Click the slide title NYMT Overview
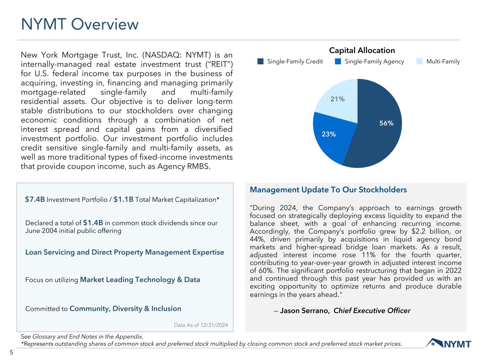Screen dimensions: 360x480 click(80, 25)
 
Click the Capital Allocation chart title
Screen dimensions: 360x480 click(362, 51)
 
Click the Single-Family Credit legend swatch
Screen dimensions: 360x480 click(260, 62)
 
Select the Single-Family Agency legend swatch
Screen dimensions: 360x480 click(338, 62)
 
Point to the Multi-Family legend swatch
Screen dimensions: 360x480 click(420, 62)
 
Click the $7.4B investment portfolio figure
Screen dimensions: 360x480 click(35, 199)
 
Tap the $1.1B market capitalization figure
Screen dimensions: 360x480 click(123, 199)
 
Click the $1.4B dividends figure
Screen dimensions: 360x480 click(93, 223)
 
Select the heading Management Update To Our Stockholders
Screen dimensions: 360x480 click(328, 190)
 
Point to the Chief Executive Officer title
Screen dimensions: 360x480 click(372, 311)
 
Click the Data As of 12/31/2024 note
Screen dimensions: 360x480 click(201, 325)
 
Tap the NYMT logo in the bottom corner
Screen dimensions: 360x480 click(448, 343)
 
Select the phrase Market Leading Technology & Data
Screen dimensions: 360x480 click(140, 280)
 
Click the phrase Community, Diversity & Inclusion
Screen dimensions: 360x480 click(125, 309)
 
